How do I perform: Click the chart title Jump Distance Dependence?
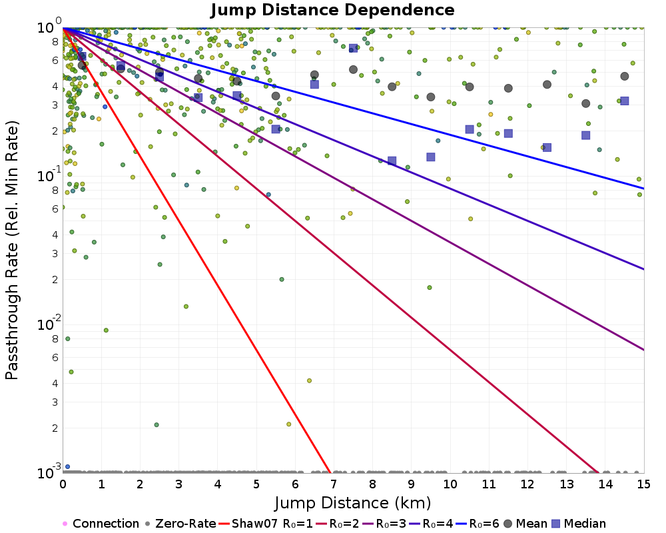point(332,11)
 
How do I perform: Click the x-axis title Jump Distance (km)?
point(352,502)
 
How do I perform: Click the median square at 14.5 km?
point(624,101)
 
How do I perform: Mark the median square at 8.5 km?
point(392,161)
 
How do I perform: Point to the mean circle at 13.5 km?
point(585,103)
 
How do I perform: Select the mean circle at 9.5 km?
point(431,97)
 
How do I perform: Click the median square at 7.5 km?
point(353,49)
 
